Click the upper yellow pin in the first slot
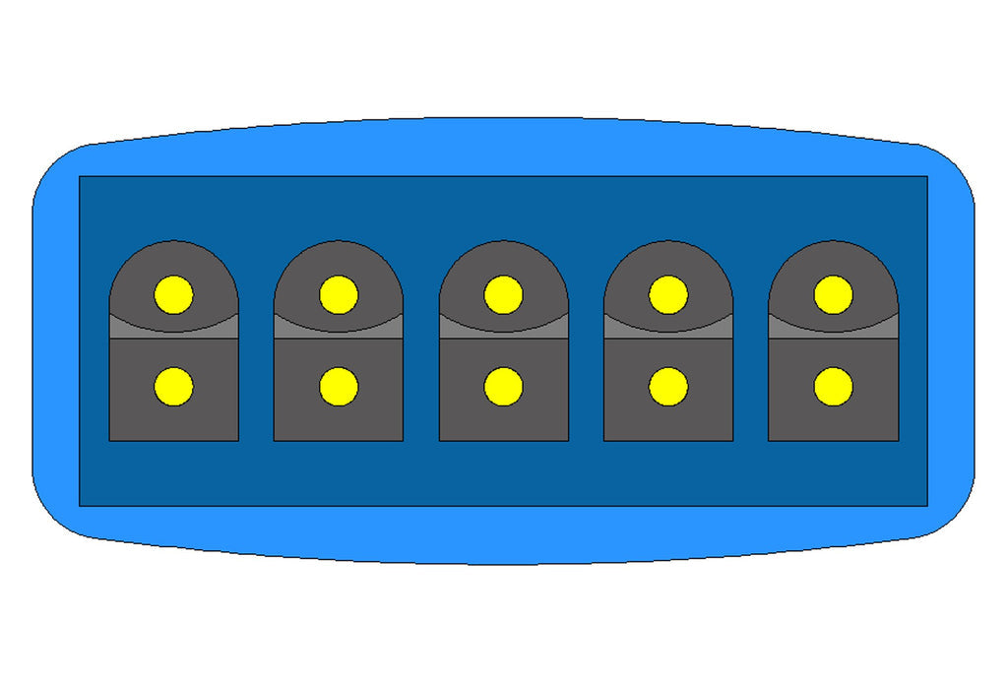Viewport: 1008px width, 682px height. click(173, 294)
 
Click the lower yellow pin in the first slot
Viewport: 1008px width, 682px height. click(173, 387)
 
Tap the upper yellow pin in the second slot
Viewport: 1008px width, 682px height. click(339, 294)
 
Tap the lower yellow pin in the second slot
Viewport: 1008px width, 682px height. click(339, 387)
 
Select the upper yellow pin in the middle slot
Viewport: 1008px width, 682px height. click(503, 294)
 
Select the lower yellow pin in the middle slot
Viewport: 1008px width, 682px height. click(503, 387)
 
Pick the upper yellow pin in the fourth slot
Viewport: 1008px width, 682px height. click(668, 294)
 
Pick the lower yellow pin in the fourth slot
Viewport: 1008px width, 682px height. click(668, 387)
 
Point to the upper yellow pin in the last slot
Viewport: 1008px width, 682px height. click(833, 294)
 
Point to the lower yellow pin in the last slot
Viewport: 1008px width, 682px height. click(833, 387)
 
